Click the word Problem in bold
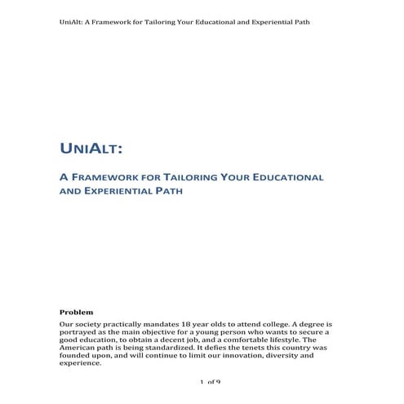tap(77, 312)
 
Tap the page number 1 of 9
tap(210, 382)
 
